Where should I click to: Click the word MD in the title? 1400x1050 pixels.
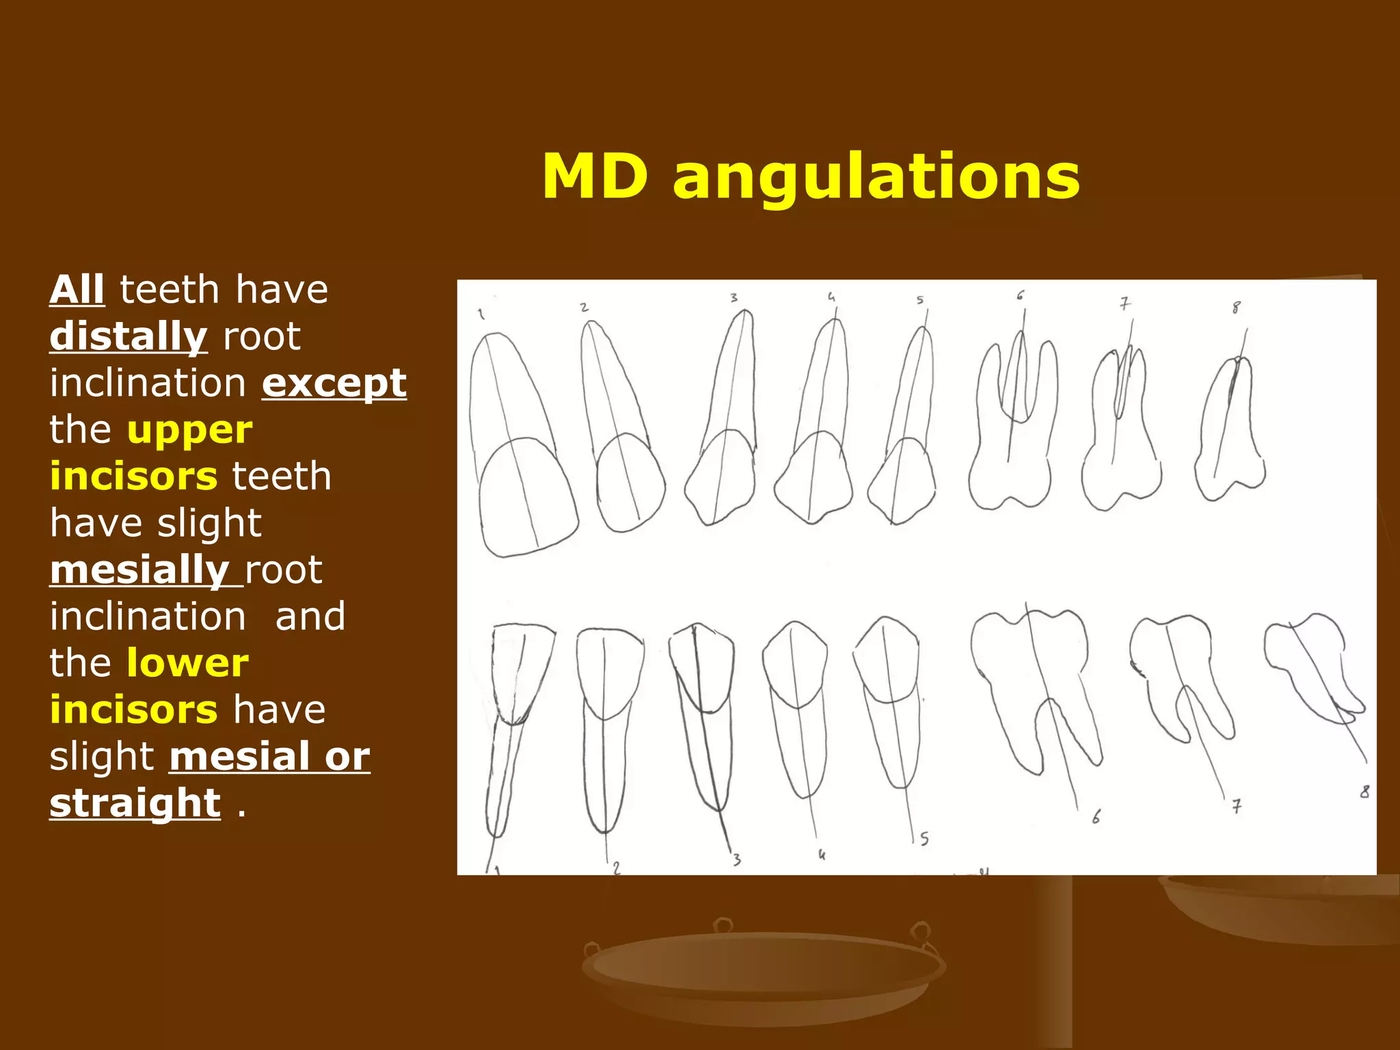click(595, 177)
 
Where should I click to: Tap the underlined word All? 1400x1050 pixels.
click(77, 289)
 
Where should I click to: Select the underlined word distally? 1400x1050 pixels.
click(128, 336)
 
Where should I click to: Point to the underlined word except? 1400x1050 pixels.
click(334, 383)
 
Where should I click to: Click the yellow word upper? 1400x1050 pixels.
click(190, 430)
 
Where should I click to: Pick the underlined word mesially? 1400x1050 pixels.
click(139, 570)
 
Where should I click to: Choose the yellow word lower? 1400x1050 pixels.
click(188, 663)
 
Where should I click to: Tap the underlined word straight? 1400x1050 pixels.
click(135, 803)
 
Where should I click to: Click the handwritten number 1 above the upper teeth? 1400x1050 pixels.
click(481, 314)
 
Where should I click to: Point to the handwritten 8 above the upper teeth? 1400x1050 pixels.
click(1236, 308)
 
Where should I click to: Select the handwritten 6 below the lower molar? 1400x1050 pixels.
click(1096, 816)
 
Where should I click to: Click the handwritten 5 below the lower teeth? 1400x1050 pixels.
click(924, 839)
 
